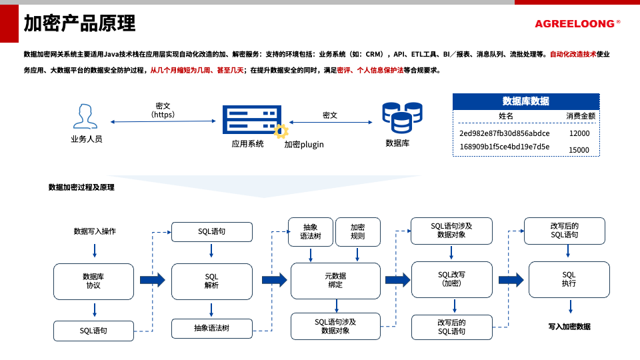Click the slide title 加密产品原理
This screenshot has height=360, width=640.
click(x=79, y=23)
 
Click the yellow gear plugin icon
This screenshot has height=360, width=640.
click(x=281, y=131)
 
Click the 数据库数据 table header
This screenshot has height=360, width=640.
click(x=525, y=101)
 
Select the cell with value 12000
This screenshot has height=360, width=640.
click(x=579, y=133)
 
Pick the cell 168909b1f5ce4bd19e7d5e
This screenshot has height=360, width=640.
click(x=505, y=147)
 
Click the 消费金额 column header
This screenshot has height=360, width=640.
click(x=580, y=116)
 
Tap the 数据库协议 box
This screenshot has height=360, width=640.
click(x=93, y=281)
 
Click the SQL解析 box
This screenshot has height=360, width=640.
click(x=211, y=281)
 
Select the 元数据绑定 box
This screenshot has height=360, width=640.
click(x=335, y=281)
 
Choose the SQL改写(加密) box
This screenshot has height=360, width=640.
click(x=451, y=279)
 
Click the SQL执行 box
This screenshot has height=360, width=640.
click(x=569, y=279)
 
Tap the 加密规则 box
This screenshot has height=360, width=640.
click(x=357, y=231)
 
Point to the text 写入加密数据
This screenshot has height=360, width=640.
click(x=569, y=327)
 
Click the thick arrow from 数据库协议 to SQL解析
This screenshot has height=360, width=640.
click(x=152, y=280)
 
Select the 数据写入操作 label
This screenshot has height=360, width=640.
click(x=95, y=231)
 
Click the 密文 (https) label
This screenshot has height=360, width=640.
click(x=163, y=110)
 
